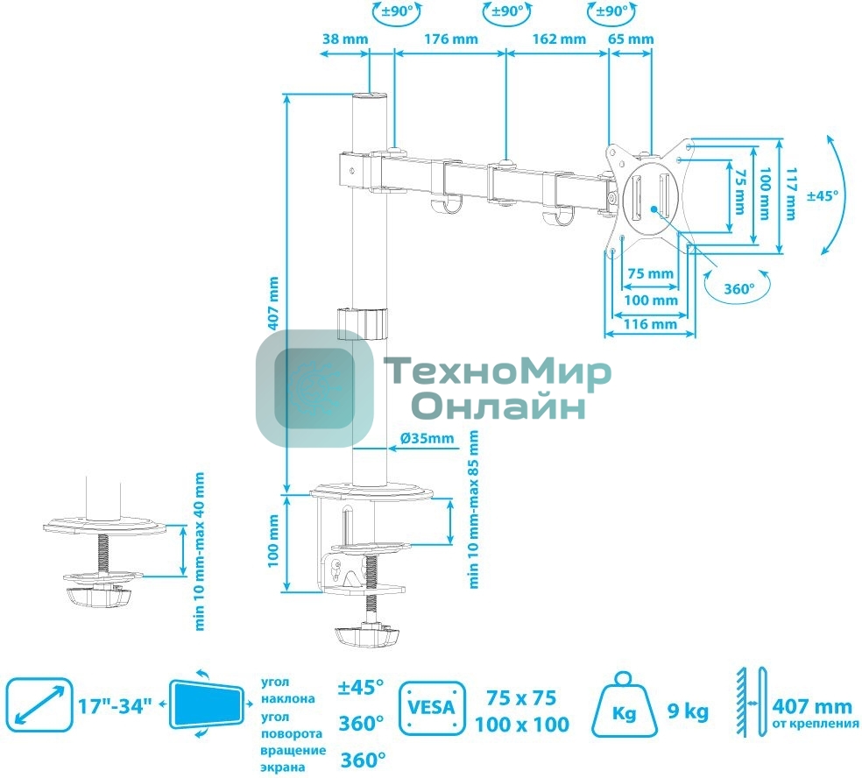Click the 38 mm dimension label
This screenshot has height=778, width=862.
point(345,39)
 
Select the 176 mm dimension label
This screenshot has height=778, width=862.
point(451,39)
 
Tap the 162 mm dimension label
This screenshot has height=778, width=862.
point(558,39)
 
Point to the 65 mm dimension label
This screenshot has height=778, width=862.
point(631,39)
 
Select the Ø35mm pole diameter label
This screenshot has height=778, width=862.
point(427,437)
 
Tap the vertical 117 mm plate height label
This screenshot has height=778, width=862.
point(791,194)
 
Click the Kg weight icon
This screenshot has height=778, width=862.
point(624,708)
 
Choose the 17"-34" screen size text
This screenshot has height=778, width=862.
point(114,705)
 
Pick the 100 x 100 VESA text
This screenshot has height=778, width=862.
point(522,725)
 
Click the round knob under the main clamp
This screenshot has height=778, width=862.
point(364,633)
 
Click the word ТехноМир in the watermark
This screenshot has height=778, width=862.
point(498,374)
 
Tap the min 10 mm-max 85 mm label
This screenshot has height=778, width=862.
point(474,508)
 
